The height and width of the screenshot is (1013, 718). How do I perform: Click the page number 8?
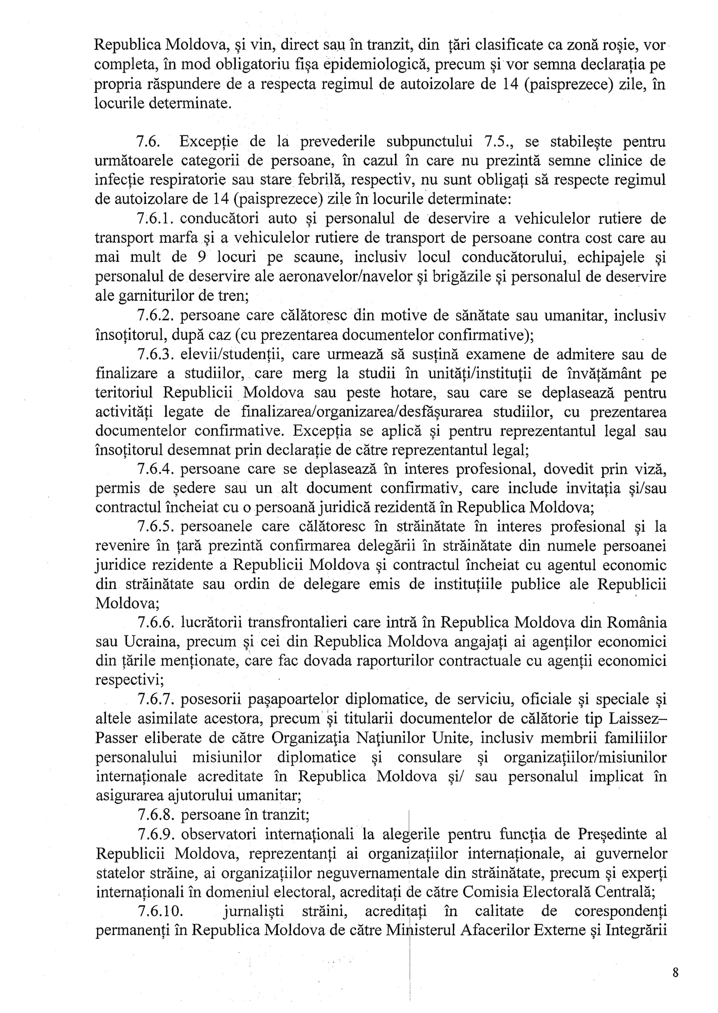pos(675,972)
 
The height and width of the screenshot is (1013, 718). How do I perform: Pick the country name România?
pos(637,622)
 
